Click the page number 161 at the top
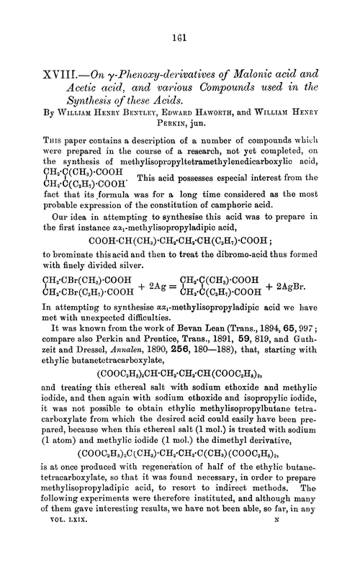(179, 20)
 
